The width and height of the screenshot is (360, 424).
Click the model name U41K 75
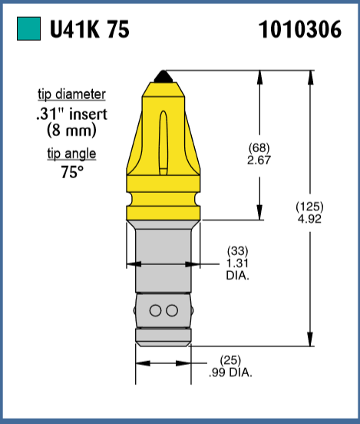pos(89,30)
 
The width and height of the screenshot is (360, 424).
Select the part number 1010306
pos(300,30)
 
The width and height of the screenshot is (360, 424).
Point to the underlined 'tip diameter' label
pos(72,95)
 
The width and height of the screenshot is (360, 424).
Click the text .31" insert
pos(72,114)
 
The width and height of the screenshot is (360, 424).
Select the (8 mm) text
pos(71,130)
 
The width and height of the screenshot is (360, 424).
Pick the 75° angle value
pos(71,171)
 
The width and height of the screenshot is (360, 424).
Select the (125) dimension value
pos(309,207)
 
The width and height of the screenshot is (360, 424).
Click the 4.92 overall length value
pos(309,218)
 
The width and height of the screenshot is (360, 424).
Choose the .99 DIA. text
pos(230,372)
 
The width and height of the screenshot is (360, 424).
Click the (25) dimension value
pos(230,360)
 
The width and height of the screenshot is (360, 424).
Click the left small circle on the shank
pos(157,310)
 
